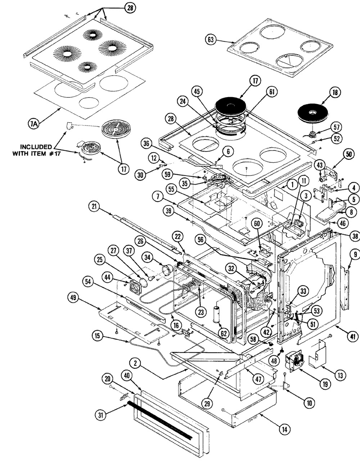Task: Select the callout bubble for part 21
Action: click(95, 206)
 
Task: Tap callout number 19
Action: click(325, 384)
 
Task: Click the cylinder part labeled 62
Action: click(218, 316)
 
